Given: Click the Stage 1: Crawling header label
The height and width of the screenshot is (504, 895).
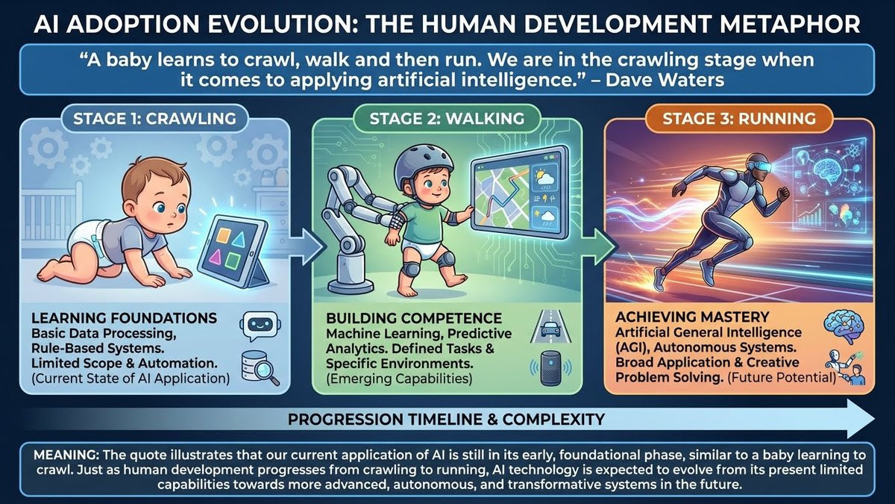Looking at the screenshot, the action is point(154,119).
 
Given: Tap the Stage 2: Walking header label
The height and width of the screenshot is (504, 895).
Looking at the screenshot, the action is point(447,119).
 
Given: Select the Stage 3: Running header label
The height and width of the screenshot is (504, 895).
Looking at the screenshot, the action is point(739,119).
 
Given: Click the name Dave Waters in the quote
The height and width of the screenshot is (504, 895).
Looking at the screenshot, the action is point(665,80).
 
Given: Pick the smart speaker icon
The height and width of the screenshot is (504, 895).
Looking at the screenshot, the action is point(550,368).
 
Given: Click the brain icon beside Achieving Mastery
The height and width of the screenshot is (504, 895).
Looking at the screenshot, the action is point(844,327).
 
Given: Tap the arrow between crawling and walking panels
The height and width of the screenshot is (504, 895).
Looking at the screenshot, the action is point(305,246).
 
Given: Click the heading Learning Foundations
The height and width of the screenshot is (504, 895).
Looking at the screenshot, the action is point(125,318).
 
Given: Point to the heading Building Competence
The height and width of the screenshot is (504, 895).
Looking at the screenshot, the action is point(414,318).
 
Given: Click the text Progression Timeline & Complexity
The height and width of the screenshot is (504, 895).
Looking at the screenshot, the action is point(446,419).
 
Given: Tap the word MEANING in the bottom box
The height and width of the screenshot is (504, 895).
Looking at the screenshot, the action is point(66,455).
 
